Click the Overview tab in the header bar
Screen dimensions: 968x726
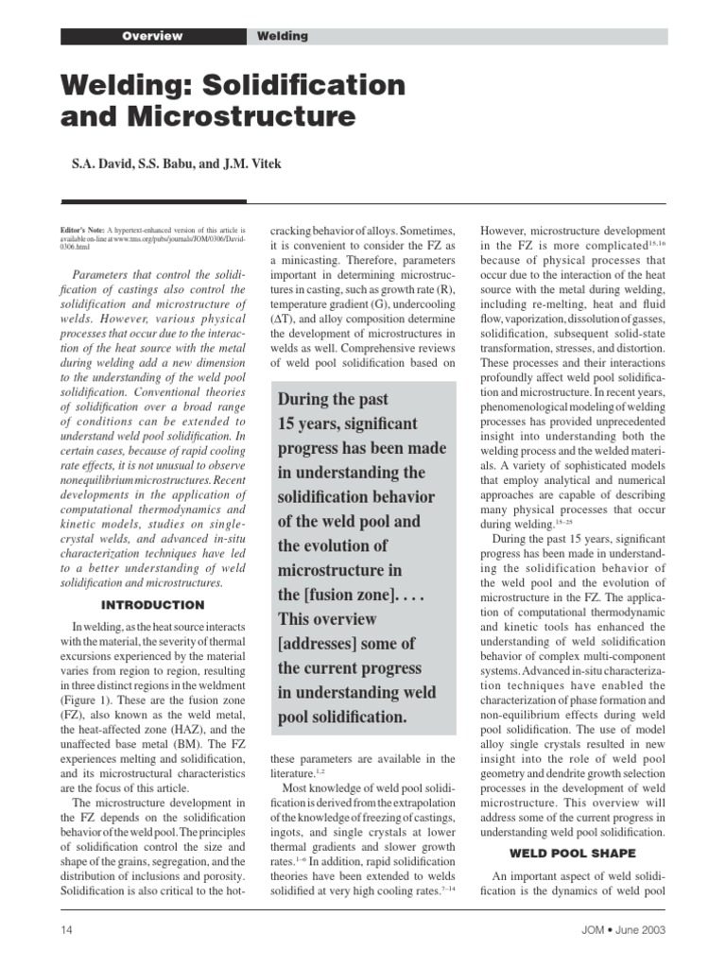point(152,36)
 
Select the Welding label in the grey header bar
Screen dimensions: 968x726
point(283,36)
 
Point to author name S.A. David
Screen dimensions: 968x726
point(100,164)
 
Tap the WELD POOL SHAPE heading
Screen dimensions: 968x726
point(572,853)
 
